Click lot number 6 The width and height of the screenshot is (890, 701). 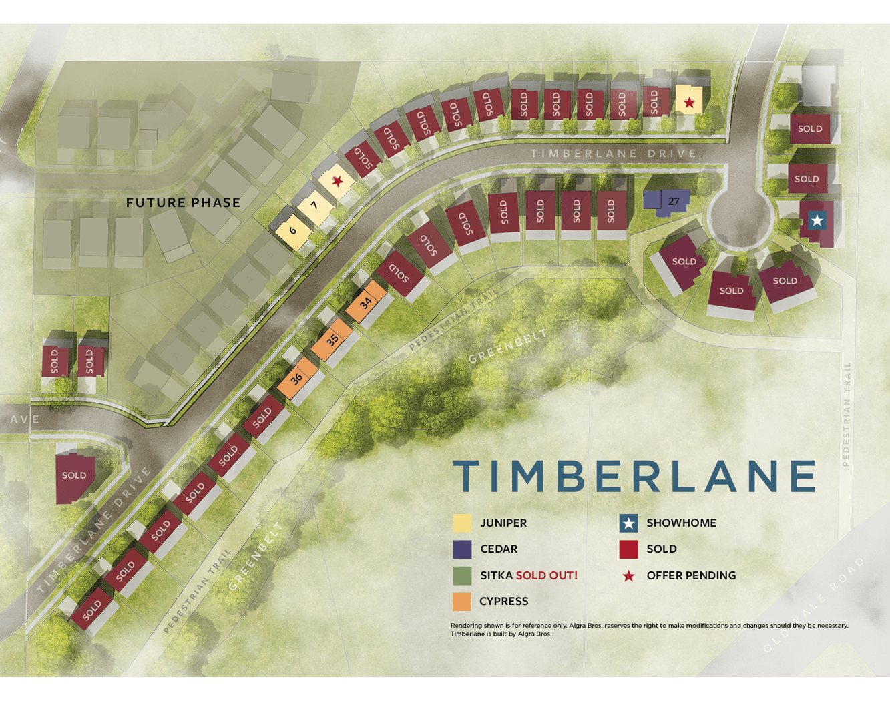coord(292,231)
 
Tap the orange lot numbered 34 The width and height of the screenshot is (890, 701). coord(366,302)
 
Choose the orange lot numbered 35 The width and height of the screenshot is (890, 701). coord(332,340)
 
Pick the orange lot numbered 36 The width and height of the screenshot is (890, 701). coord(297,378)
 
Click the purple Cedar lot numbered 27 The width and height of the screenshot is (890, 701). coord(673,201)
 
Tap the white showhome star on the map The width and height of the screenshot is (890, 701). coord(817,220)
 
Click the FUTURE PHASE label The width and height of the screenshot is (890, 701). coord(183,202)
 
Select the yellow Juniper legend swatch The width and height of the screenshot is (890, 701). coord(462,523)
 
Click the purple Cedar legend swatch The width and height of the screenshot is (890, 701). coord(462,549)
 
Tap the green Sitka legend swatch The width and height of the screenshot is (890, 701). coord(462,575)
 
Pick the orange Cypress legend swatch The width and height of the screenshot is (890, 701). coord(462,601)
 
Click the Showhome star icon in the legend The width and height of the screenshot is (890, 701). coord(628,523)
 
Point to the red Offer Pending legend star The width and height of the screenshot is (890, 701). coord(628,576)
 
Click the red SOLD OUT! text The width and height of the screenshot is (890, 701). coord(546,575)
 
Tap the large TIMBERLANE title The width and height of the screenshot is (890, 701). coord(634,476)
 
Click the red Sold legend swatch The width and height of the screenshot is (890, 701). coord(628,549)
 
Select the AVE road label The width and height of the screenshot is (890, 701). coord(25,419)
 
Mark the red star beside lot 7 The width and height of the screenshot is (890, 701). coord(338,181)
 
